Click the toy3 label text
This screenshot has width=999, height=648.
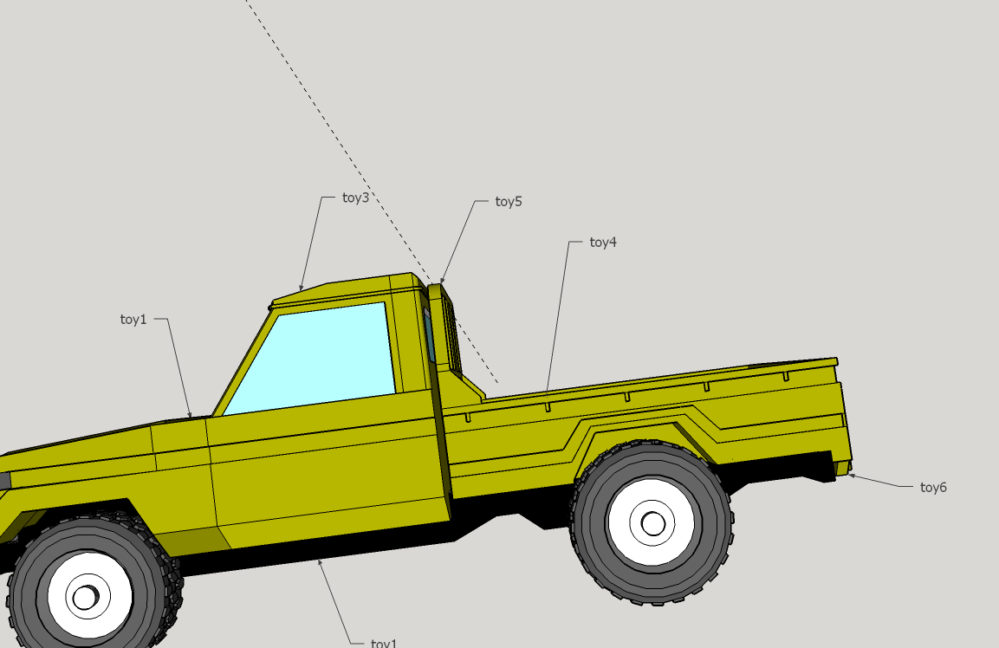(x=355, y=198)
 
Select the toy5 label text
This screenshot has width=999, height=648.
(x=509, y=201)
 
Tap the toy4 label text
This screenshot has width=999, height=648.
(x=603, y=242)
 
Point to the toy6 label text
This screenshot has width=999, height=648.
(x=933, y=488)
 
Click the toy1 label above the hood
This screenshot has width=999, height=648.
(x=133, y=319)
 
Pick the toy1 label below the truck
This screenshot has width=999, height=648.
(x=384, y=643)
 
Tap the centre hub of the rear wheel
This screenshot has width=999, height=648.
(x=652, y=524)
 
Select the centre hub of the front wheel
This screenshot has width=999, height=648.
(x=86, y=598)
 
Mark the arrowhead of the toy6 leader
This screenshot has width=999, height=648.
(x=851, y=476)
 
